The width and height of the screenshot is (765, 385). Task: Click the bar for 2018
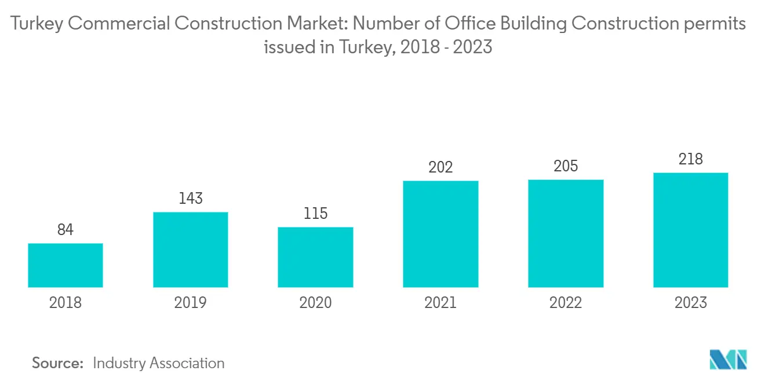coord(65,265)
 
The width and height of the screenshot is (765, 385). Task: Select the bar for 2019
coord(191,250)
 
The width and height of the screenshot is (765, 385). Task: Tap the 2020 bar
coord(315,257)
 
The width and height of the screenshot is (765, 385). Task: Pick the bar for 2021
coord(440,234)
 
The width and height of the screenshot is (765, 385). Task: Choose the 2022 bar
coord(566,233)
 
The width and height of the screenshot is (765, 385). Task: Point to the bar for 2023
coord(690,230)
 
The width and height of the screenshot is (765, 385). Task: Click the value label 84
coord(65,230)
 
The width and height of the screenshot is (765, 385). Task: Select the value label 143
coord(191,199)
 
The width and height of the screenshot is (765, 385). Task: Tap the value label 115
coord(315,214)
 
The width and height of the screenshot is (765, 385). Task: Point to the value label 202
coord(440,167)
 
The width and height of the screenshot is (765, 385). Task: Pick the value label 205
coord(566,166)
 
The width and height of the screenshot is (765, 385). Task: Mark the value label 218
coord(690,159)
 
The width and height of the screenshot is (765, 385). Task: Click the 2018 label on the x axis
coord(65,302)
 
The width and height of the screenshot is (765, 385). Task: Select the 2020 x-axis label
coord(315,302)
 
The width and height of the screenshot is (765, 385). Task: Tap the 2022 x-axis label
coord(566,302)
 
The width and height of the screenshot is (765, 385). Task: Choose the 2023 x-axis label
coord(690,302)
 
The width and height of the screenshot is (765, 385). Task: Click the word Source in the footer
coord(58,363)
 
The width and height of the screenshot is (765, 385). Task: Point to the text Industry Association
coord(158,363)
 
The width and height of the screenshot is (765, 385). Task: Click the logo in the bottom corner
coord(728,360)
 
